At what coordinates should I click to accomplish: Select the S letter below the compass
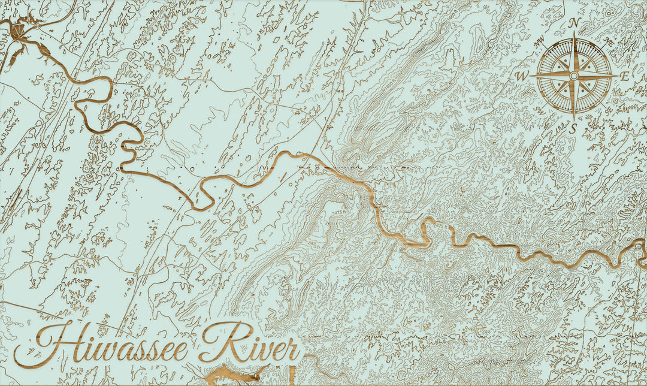click(573, 128)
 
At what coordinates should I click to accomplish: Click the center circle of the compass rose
click(574, 76)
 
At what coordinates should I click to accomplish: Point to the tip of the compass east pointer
click(615, 76)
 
